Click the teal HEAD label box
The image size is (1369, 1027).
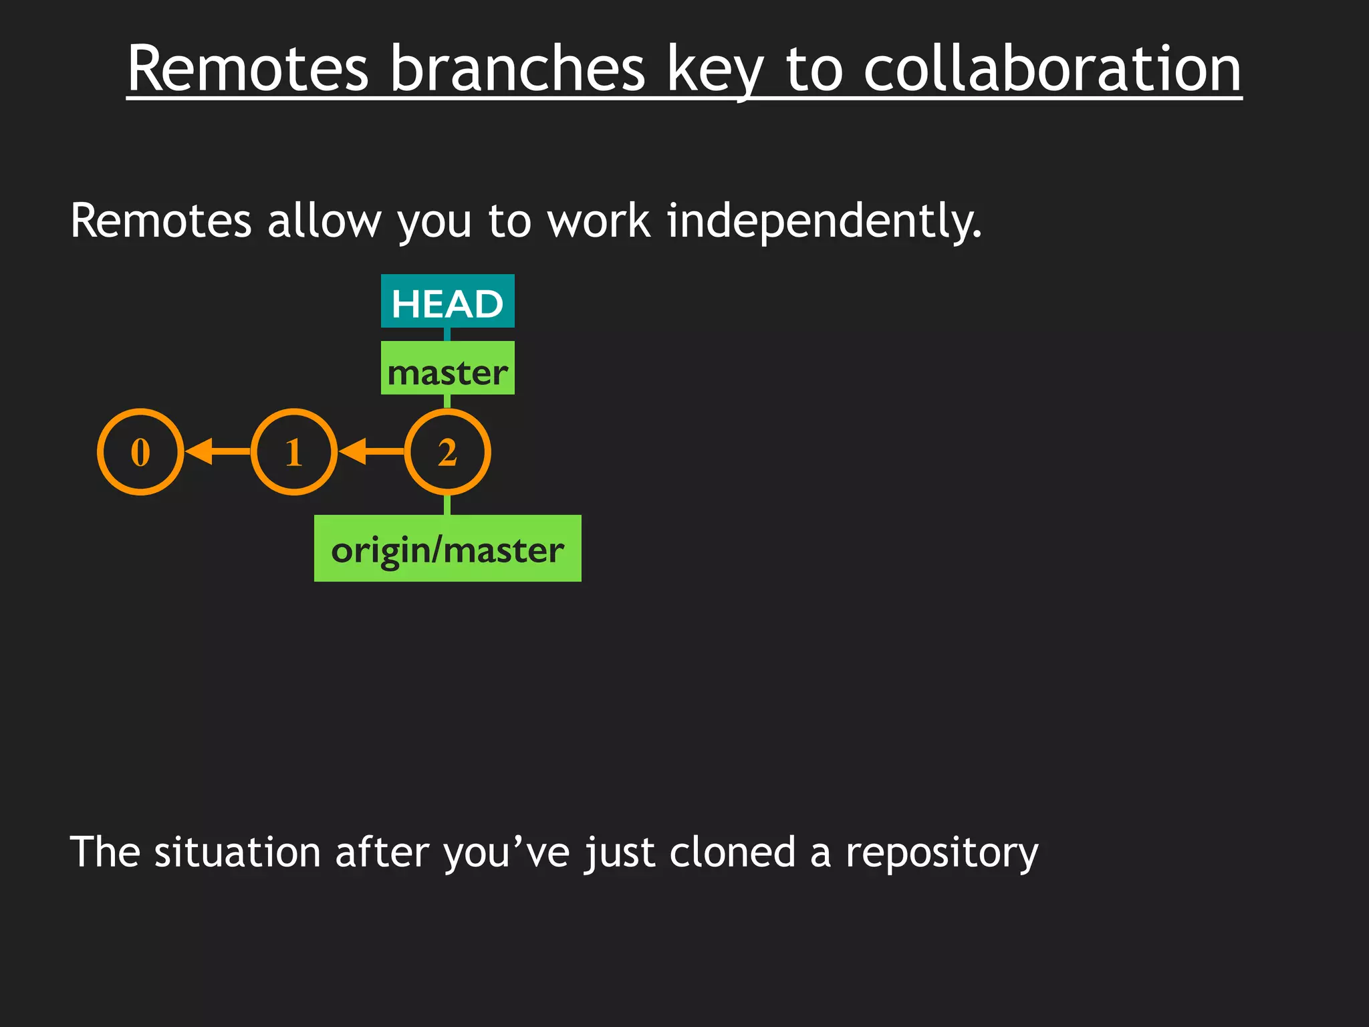[x=447, y=302]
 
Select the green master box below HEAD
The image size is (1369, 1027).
[x=447, y=368]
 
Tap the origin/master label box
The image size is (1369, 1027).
[x=447, y=548]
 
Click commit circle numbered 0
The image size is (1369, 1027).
[x=140, y=452]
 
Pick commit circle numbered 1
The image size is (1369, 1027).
[x=294, y=452]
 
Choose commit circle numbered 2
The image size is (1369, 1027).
[x=447, y=452]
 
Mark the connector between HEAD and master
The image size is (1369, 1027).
[x=447, y=334]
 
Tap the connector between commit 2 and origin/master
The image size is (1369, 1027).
[x=447, y=505]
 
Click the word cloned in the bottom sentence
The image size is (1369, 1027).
[x=732, y=852]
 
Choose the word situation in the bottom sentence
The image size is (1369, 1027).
[x=237, y=852]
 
